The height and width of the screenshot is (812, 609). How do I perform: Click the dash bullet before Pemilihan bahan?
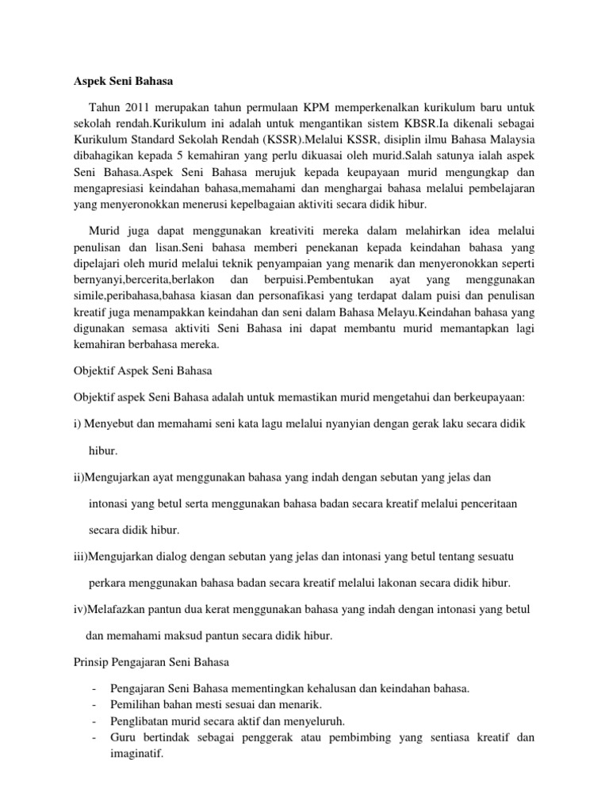point(94,704)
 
